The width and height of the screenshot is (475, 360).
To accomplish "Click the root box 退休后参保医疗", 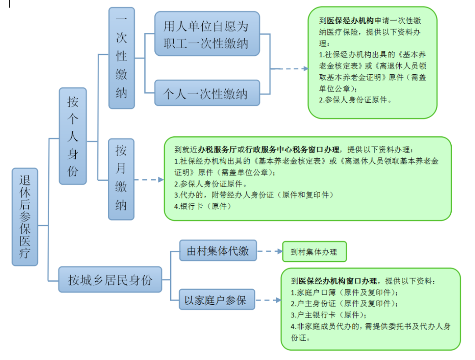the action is (25, 217).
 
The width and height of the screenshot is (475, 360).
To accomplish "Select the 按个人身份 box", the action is (73, 136).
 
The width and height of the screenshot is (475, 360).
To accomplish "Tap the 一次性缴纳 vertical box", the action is (121, 58).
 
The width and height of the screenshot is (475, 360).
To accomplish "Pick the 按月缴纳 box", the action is (121, 179).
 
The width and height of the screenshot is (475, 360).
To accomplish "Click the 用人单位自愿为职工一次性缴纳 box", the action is (207, 34).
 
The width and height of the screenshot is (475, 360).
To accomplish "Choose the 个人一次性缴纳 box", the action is (207, 93).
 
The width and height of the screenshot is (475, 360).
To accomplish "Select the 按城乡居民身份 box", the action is (110, 280).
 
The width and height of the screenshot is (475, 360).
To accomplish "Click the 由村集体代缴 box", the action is (218, 251).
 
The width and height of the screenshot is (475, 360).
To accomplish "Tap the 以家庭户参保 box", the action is (217, 299).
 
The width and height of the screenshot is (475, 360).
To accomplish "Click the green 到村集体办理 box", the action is (314, 251).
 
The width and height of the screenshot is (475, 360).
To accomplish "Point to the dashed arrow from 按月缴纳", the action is (149, 180).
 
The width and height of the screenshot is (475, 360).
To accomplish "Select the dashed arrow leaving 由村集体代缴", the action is (270, 251).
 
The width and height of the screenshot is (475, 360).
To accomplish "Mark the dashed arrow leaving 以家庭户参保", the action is (268, 300).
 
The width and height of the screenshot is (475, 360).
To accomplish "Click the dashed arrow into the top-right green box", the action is (289, 69).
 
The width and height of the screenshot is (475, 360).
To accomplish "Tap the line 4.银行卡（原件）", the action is (203, 207).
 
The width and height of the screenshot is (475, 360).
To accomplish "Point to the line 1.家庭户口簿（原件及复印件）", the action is (344, 292).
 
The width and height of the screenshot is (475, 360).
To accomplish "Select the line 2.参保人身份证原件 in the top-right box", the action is (355, 100).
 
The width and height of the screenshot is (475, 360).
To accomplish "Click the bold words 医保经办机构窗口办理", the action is (337, 281).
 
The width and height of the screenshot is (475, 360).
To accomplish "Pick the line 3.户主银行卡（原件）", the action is (329, 315).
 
